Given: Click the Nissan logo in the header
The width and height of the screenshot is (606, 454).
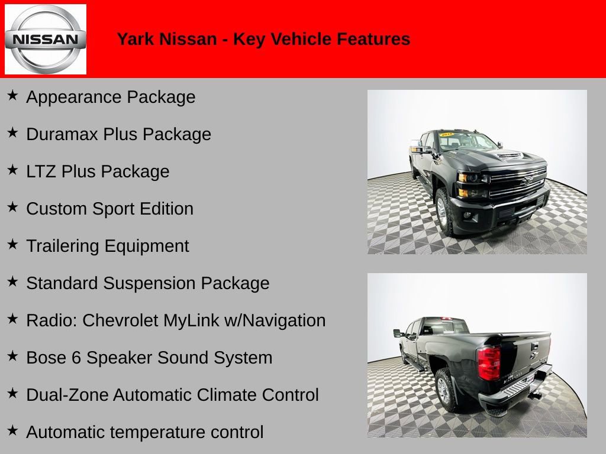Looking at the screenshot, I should coord(46,40).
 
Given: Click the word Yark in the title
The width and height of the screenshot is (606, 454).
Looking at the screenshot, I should coord(132,40).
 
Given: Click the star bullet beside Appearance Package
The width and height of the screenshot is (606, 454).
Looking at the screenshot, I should coord(12,95).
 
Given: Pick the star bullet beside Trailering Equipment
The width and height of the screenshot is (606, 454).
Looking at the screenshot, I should coord(12,244).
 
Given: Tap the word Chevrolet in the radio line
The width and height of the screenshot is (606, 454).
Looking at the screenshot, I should coord(121,320).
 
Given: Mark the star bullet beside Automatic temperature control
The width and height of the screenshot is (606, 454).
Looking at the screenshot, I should coord(12,430).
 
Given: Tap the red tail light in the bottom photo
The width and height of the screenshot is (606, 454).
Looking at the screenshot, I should coord(489,362).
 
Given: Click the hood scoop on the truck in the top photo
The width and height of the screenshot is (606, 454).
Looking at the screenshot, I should coord(510,155).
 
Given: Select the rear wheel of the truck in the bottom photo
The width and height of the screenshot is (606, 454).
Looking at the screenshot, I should coord(444,391).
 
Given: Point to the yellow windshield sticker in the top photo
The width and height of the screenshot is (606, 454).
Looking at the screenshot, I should coord(446,134).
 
